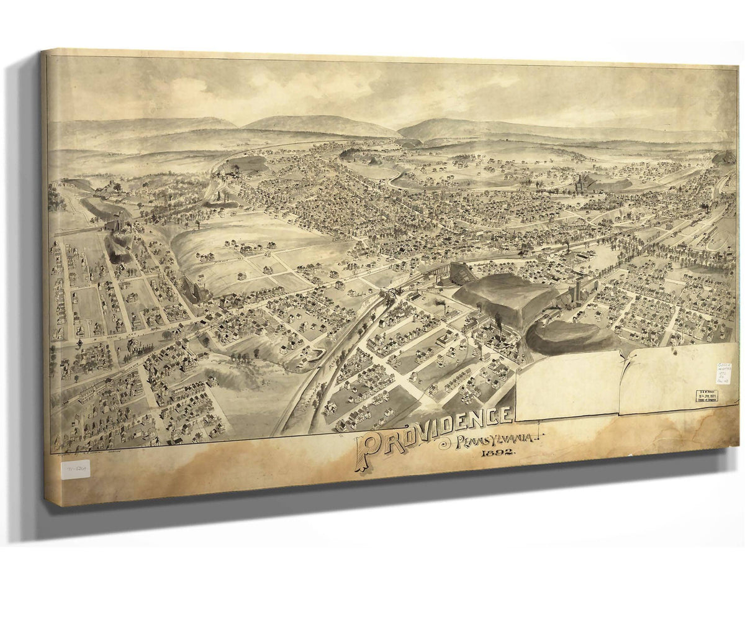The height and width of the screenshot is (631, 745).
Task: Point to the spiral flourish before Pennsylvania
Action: coord(445,443)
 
